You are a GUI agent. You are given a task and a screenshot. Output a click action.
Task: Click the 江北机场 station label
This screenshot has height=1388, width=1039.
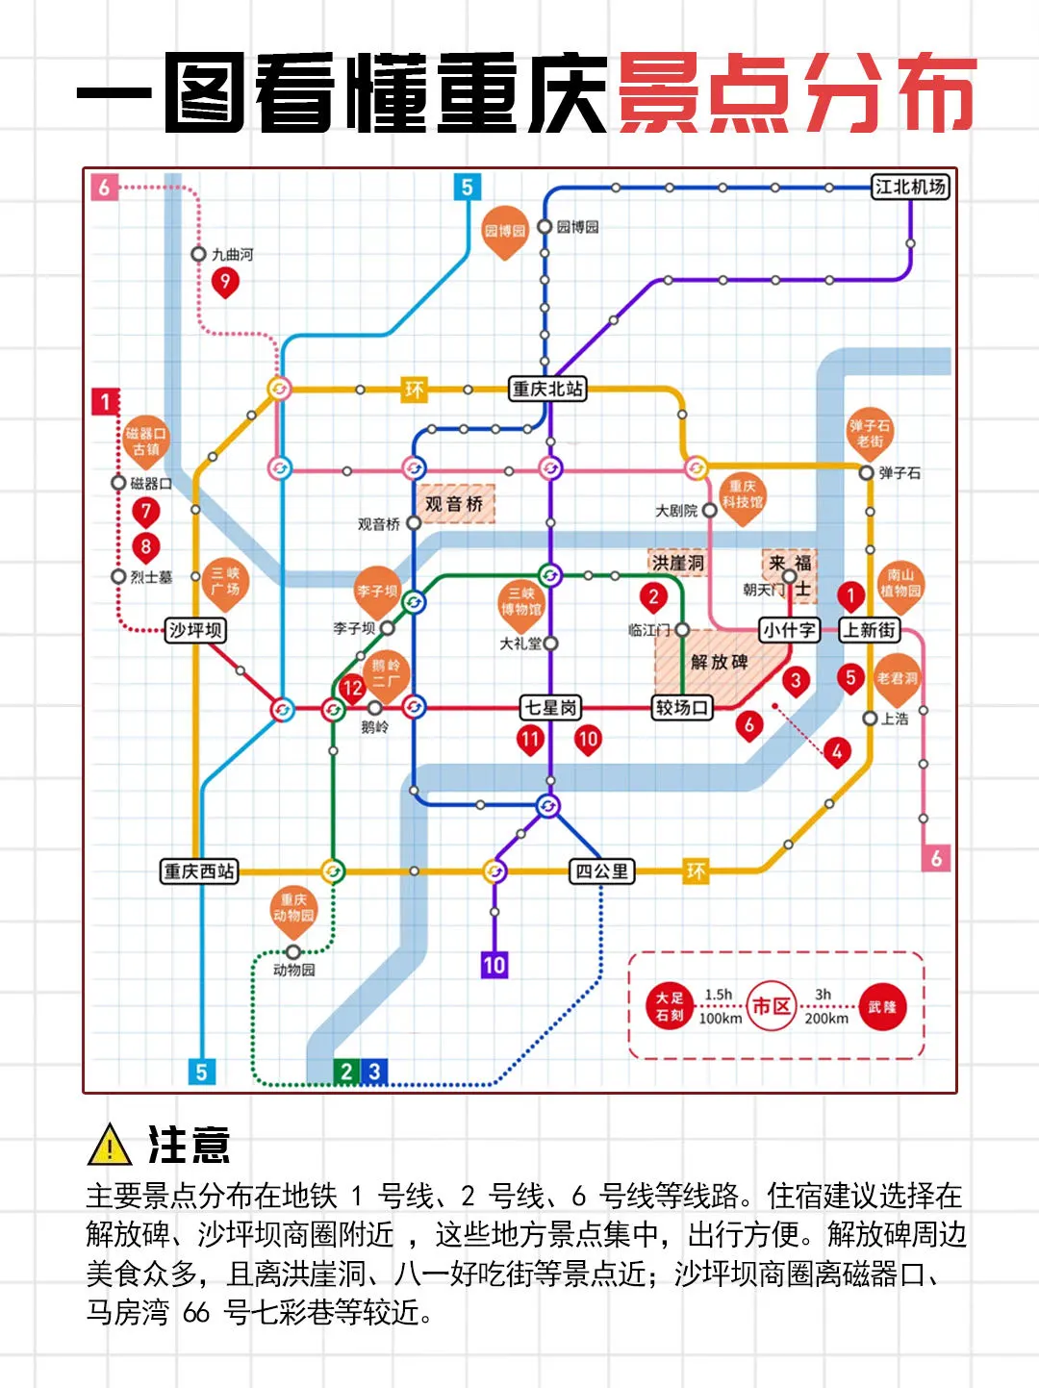(910, 187)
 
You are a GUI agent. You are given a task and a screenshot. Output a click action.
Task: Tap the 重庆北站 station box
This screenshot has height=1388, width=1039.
(547, 389)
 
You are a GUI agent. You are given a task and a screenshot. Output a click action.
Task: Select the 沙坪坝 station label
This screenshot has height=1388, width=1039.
(195, 630)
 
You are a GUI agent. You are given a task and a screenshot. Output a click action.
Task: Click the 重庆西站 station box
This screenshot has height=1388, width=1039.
(198, 871)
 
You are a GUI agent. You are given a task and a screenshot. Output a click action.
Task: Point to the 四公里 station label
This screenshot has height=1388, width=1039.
(602, 871)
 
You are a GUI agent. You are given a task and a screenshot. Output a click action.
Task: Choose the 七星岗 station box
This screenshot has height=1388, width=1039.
(551, 708)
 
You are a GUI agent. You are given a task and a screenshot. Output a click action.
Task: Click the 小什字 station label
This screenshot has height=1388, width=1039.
(789, 630)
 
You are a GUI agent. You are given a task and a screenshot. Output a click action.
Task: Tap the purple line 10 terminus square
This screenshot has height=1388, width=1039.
(494, 965)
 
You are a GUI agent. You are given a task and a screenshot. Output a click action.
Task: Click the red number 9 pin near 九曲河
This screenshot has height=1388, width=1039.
(225, 281)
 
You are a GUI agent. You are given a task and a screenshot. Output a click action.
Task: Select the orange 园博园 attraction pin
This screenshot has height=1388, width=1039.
(505, 231)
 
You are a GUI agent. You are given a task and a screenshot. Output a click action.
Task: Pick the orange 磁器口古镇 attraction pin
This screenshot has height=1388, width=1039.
(146, 441)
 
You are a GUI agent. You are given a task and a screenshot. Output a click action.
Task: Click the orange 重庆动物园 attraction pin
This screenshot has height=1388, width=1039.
(293, 909)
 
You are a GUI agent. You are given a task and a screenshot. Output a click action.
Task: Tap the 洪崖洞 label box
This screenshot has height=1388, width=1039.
(678, 563)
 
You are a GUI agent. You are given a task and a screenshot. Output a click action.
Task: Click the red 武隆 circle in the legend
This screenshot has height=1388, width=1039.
(882, 1007)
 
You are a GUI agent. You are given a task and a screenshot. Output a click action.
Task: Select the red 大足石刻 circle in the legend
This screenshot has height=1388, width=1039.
(670, 1006)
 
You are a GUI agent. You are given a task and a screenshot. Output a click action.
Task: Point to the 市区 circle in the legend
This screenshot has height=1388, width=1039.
(772, 1006)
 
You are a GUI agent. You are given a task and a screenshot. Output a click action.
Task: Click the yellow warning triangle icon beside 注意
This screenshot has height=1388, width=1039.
(110, 1145)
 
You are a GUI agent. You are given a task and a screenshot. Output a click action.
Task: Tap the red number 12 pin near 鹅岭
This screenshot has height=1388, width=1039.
(352, 688)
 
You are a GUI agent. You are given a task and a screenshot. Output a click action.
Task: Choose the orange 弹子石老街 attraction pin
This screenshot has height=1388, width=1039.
(870, 434)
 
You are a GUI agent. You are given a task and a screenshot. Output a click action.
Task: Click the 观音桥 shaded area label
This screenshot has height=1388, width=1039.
(454, 504)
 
